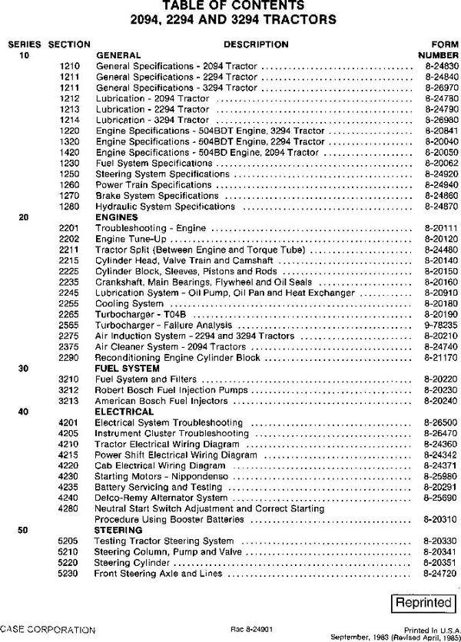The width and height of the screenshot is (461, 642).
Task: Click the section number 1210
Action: coord(68,67)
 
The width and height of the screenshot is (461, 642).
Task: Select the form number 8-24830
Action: coord(436,67)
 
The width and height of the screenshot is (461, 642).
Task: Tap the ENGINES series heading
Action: coord(116,217)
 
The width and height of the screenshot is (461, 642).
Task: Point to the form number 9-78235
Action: coord(436,325)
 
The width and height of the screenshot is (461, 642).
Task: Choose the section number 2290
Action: coord(68,357)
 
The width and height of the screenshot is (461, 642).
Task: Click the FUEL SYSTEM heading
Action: coord(122,368)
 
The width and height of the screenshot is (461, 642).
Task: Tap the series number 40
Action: coord(23,411)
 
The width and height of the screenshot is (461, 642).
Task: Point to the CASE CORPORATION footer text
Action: coord(48,629)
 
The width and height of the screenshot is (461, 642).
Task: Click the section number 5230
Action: coord(68,573)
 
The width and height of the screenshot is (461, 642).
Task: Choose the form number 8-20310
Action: coord(436,519)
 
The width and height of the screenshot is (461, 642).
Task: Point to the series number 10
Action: coord(23,56)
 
